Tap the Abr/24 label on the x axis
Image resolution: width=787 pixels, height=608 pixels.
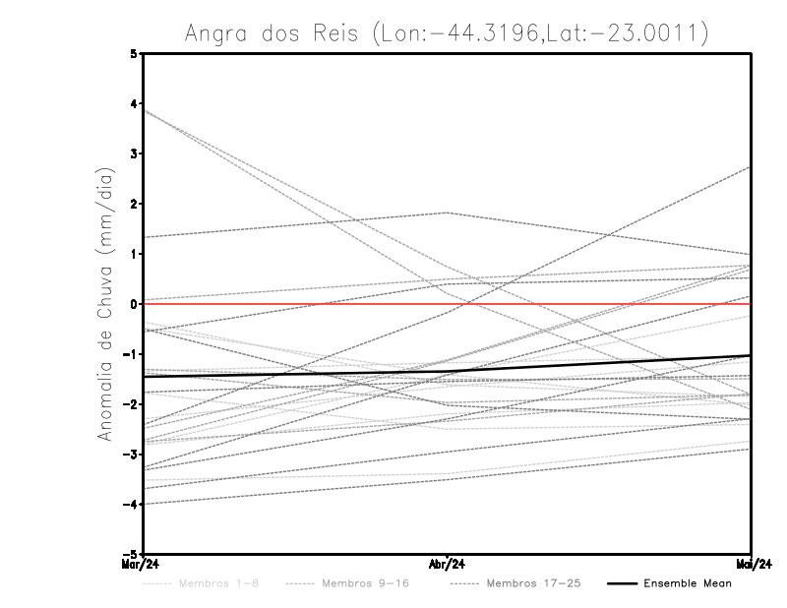[448, 564]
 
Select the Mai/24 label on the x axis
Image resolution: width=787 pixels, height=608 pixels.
[751, 564]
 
